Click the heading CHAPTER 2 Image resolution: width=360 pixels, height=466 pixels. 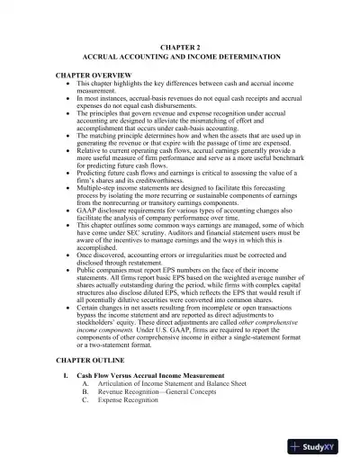180,44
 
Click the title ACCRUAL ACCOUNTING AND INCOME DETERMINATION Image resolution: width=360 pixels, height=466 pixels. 180,56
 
